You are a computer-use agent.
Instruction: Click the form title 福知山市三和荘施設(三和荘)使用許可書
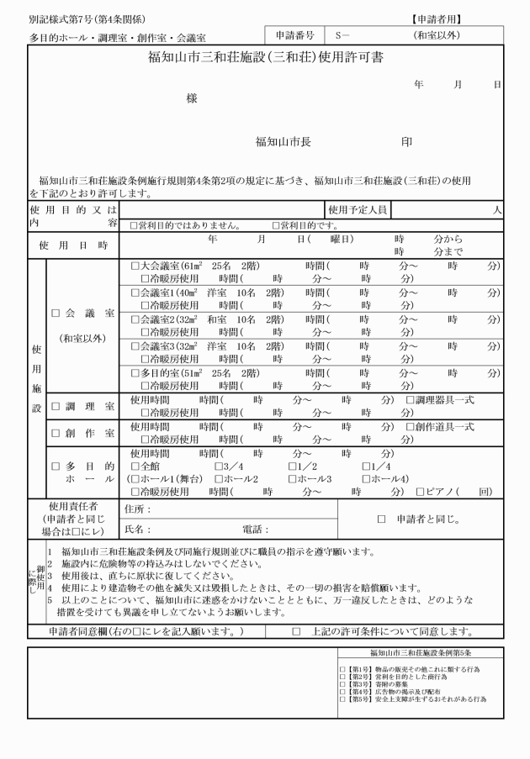(x=265, y=61)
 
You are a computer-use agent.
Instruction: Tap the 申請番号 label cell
(x=294, y=37)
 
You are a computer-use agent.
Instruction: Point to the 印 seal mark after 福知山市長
(x=407, y=142)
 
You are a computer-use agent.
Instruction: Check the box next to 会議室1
(x=135, y=292)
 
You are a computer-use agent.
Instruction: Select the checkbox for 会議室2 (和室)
(x=135, y=319)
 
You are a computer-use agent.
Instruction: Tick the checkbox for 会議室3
(x=135, y=345)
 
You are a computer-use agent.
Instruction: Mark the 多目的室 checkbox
(x=135, y=372)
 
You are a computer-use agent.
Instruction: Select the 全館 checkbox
(x=135, y=466)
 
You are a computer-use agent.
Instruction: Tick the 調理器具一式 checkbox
(x=411, y=399)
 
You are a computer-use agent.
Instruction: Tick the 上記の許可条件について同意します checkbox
(x=295, y=631)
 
